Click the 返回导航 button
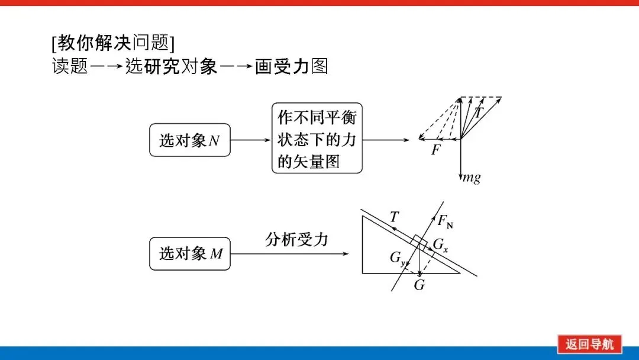[x=589, y=344]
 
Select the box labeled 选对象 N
[x=190, y=140]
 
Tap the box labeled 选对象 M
[x=190, y=254]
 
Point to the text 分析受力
[x=296, y=240]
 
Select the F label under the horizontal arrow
[x=436, y=150]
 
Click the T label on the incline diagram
[x=395, y=217]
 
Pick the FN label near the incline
[x=446, y=221]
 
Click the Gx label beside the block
[x=441, y=245]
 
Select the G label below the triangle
[x=419, y=285]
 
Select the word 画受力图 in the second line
[x=291, y=66]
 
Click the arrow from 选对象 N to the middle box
[x=250, y=140]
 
